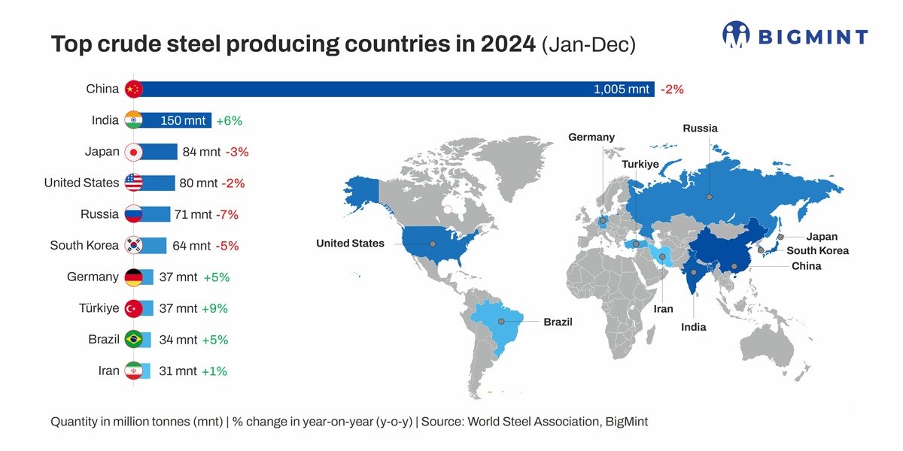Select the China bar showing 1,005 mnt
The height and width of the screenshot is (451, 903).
(x=391, y=89)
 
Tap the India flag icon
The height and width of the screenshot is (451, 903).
(x=133, y=120)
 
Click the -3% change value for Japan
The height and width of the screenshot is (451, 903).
(x=237, y=153)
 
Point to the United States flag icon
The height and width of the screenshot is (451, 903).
(x=133, y=183)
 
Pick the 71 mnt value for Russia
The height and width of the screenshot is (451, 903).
(x=193, y=215)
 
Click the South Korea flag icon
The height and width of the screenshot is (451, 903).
(x=133, y=245)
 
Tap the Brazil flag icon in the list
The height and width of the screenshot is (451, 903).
(x=133, y=339)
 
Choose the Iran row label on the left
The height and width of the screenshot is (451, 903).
(x=108, y=371)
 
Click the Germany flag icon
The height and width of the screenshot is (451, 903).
(x=133, y=277)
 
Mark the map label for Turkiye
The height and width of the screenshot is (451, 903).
(x=640, y=164)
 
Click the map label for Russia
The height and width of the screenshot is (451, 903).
(x=700, y=129)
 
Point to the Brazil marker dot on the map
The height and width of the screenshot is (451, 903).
(x=501, y=322)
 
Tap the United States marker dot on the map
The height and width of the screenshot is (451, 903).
(x=433, y=244)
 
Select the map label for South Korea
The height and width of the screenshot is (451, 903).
(x=817, y=251)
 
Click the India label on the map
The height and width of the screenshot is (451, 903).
(x=693, y=327)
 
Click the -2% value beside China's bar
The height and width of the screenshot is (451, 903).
(x=672, y=89)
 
